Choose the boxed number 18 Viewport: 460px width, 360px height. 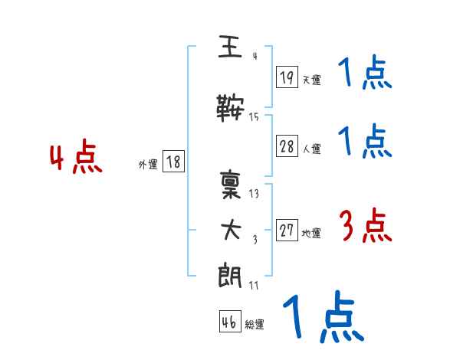[173, 162]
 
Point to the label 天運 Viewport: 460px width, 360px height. [311, 80]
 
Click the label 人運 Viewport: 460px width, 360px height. [311, 149]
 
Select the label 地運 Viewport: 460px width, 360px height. [311, 233]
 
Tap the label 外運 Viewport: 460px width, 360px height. [148, 164]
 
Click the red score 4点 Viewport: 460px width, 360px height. [75, 159]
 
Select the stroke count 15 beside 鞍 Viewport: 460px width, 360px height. [254, 117]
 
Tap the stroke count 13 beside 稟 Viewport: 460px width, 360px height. [254, 194]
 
